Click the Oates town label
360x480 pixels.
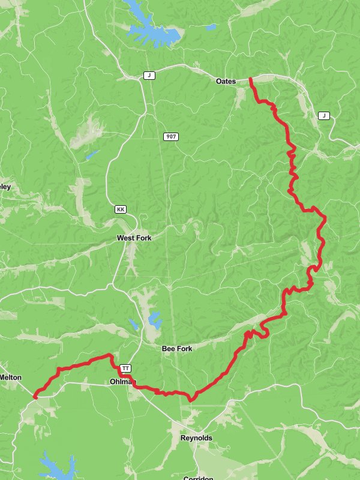click(x=226, y=81)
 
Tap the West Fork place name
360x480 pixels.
click(x=134, y=238)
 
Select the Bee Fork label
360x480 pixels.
click(x=176, y=349)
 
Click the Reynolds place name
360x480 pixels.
click(x=196, y=439)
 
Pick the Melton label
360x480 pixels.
click(x=11, y=377)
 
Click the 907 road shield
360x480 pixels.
click(x=171, y=137)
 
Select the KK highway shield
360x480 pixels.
click(x=121, y=209)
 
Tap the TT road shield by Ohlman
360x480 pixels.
click(x=125, y=368)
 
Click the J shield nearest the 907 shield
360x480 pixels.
click(x=149, y=76)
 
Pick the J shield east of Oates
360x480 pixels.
click(x=324, y=115)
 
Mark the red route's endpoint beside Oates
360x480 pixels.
click(x=250, y=79)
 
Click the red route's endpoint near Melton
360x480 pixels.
click(x=35, y=397)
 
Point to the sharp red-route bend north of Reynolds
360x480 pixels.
click(x=191, y=398)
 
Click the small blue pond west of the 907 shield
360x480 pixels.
click(x=91, y=155)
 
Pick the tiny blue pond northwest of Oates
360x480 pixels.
click(x=211, y=27)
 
